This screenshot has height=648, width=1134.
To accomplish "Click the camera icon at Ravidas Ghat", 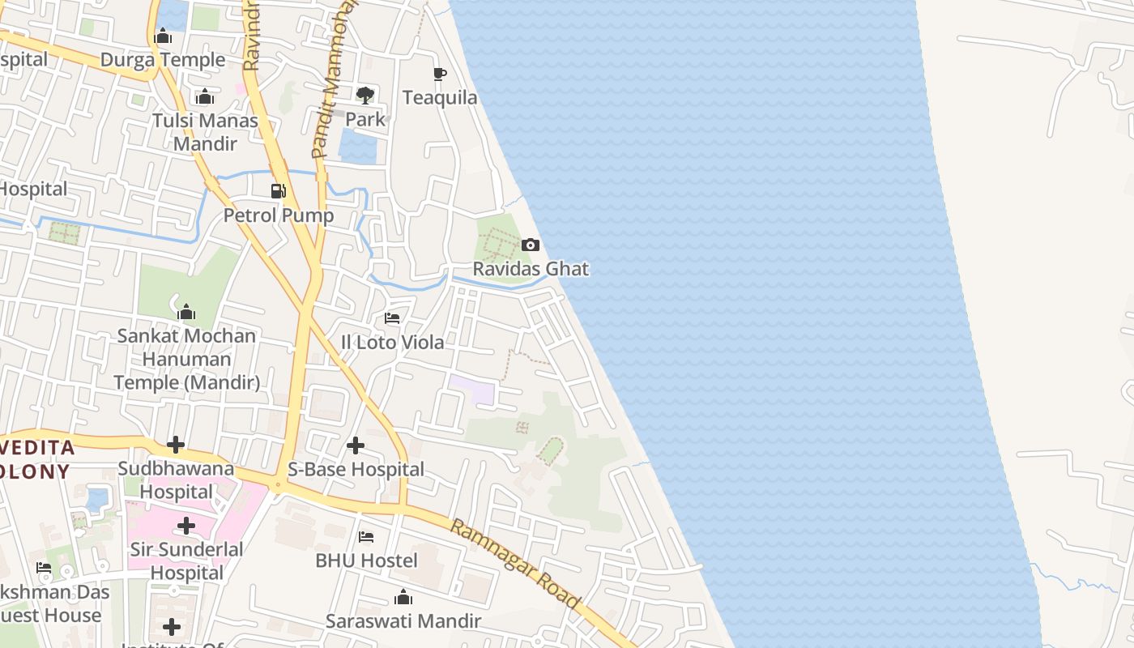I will (x=531, y=245).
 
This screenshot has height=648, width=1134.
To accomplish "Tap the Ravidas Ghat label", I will (x=531, y=268).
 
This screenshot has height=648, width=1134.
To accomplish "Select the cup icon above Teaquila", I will (x=440, y=75).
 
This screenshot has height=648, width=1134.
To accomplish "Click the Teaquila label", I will (x=440, y=98).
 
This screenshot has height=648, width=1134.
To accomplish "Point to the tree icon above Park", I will (x=365, y=96).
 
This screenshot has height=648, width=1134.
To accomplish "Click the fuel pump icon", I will (x=279, y=191).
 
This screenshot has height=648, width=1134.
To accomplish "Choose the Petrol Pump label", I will (x=279, y=215).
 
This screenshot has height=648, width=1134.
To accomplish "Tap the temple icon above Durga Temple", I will (x=163, y=36).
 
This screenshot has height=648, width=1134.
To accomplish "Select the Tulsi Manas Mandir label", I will (x=205, y=132).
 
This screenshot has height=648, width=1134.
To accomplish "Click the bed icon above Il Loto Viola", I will (x=392, y=318).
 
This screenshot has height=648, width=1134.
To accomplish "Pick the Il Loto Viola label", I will (x=392, y=342).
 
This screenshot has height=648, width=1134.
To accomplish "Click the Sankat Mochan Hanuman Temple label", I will (x=186, y=359).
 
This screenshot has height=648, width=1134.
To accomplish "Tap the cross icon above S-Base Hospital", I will (x=356, y=446).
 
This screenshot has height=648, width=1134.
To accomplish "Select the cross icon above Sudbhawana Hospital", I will (x=176, y=445).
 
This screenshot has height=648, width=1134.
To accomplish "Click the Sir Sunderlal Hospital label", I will (x=186, y=561).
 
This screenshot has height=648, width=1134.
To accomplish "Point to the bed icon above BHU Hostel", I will (x=366, y=537).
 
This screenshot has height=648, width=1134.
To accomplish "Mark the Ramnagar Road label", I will (x=515, y=564).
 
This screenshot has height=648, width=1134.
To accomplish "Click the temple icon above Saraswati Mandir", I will (x=403, y=599).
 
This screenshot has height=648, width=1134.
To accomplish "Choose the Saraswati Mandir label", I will (x=403, y=621).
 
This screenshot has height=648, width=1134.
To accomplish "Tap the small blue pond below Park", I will (x=357, y=147).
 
